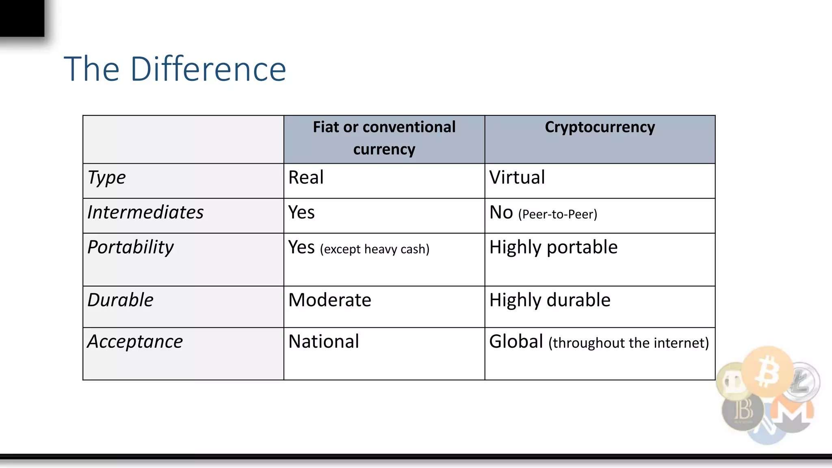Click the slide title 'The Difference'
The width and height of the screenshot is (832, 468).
(175, 69)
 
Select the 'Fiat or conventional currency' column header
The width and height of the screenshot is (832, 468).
(384, 138)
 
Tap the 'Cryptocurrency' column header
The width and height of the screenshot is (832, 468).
(600, 127)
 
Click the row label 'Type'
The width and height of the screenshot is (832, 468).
(106, 178)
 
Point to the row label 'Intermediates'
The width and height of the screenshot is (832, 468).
(145, 212)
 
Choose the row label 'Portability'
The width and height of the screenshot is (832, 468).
(130, 247)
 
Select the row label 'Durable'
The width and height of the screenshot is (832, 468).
(120, 300)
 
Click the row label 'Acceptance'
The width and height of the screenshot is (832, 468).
(135, 342)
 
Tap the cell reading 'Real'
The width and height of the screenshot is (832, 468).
(306, 178)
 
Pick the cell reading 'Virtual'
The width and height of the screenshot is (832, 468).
(517, 178)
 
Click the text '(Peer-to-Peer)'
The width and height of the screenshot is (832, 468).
(557, 214)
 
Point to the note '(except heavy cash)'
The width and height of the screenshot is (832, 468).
(375, 249)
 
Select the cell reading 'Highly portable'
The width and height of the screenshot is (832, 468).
(553, 247)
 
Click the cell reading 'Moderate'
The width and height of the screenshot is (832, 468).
(329, 300)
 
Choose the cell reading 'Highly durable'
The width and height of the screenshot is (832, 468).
(550, 300)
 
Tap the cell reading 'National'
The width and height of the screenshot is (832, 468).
(324, 342)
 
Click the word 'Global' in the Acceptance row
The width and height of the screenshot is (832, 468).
(516, 342)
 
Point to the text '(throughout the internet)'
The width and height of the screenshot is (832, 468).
(628, 343)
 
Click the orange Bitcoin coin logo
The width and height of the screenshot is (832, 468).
(767, 371)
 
